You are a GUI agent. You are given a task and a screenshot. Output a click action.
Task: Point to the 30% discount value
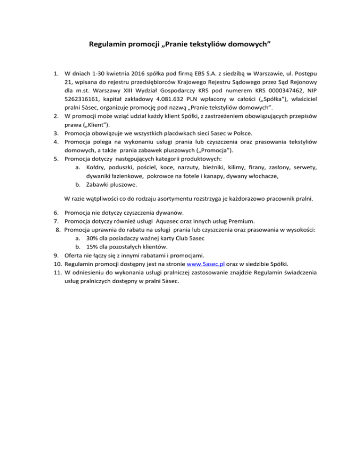coord(93,238)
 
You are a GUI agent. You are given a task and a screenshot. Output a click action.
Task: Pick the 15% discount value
coord(93,247)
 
